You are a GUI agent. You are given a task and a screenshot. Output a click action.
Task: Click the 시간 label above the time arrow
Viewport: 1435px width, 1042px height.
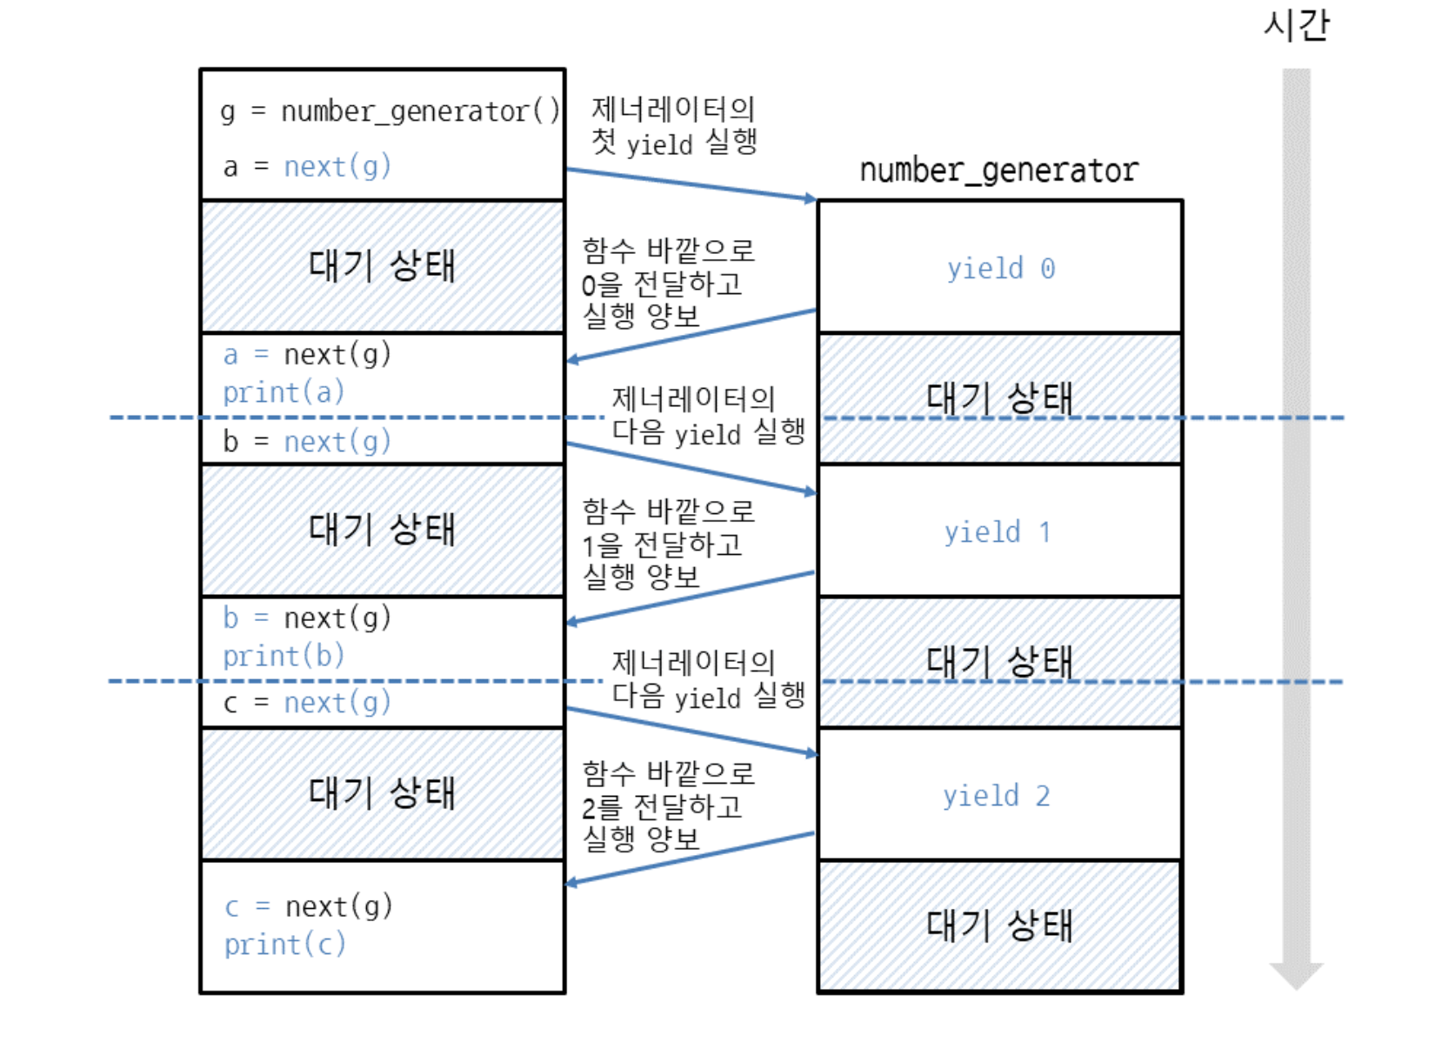click(x=1296, y=24)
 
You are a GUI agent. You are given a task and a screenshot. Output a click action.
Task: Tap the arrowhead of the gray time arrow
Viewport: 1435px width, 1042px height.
click(x=1296, y=974)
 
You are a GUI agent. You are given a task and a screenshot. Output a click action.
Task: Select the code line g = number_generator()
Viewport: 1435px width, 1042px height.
click(x=390, y=112)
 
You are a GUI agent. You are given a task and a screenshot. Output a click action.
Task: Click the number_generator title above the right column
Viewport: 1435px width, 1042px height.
click(x=998, y=170)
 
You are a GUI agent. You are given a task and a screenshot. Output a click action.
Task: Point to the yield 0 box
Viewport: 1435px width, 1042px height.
click(x=1000, y=268)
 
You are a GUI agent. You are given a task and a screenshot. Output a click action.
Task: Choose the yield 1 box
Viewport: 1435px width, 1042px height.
click(x=998, y=531)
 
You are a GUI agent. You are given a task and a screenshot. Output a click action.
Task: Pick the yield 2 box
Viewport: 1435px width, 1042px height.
click(x=997, y=796)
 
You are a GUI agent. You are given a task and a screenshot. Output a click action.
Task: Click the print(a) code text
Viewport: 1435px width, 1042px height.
click(x=284, y=393)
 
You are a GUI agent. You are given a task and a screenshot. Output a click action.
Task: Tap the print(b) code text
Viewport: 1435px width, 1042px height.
click(x=284, y=656)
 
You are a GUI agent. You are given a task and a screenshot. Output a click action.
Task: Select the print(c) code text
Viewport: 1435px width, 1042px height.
click(x=284, y=945)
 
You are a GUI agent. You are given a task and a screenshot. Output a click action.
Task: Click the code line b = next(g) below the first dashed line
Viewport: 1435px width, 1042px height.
click(x=307, y=442)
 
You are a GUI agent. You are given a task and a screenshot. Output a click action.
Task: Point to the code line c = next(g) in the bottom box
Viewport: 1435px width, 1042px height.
click(x=309, y=906)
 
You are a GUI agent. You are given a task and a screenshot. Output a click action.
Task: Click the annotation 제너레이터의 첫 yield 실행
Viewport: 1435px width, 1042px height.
click(x=674, y=125)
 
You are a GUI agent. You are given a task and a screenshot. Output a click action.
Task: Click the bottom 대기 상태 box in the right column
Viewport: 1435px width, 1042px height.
click(x=999, y=925)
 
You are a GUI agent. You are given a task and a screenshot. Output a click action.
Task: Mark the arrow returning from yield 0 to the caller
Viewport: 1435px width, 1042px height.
click(x=691, y=335)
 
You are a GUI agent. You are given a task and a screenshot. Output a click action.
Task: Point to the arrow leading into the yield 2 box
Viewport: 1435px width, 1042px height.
click(x=691, y=731)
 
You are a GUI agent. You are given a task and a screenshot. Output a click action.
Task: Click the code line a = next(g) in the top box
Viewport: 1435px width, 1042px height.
click(x=307, y=166)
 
